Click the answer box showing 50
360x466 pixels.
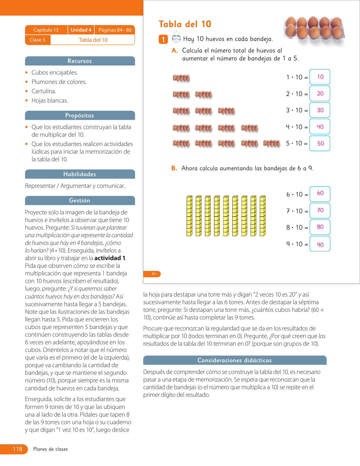320,143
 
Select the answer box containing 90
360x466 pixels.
320,244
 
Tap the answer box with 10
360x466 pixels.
320,77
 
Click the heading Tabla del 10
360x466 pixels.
185,24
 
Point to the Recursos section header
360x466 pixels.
80,61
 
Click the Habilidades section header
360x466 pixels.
80,174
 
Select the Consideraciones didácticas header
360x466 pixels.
235,360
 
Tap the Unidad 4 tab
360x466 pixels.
81,30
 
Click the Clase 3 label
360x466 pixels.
38,40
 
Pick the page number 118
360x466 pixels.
18,449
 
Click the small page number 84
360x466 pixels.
154,274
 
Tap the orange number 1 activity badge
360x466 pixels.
163,39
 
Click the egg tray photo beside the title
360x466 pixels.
314,28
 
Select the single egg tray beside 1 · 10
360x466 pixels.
181,78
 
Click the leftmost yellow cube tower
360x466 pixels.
189,216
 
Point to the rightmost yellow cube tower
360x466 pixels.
263,216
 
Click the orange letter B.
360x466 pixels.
174,168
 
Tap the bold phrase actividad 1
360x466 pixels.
110,258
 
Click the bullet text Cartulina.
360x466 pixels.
44,91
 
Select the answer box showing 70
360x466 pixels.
320,210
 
